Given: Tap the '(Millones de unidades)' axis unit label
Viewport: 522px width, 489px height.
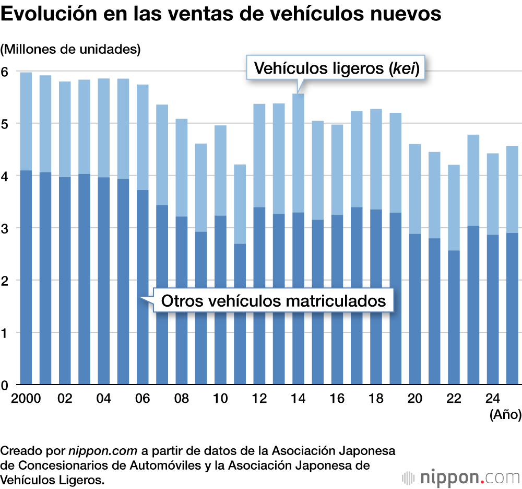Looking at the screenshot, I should click(x=71, y=50).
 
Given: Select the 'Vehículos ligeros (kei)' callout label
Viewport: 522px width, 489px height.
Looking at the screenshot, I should click(x=337, y=68).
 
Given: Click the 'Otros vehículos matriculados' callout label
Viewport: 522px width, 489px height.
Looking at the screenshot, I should click(x=273, y=300).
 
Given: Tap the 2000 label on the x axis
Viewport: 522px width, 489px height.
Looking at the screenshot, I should click(x=26, y=398).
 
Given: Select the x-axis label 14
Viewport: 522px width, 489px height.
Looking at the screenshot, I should click(x=298, y=398).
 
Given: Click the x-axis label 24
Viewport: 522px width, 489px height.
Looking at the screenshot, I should click(x=492, y=398).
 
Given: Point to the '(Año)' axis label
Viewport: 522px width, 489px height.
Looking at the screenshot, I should click(x=505, y=415).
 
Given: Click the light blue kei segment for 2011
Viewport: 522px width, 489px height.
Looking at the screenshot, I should click(x=240, y=204).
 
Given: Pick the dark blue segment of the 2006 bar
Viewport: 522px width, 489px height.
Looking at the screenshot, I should click(x=143, y=287).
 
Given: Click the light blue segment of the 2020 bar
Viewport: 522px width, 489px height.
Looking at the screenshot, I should click(x=414, y=189).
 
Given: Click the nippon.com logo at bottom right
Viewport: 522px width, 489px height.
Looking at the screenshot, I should click(x=461, y=478).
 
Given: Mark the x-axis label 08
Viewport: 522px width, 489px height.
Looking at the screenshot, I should click(x=182, y=398).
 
